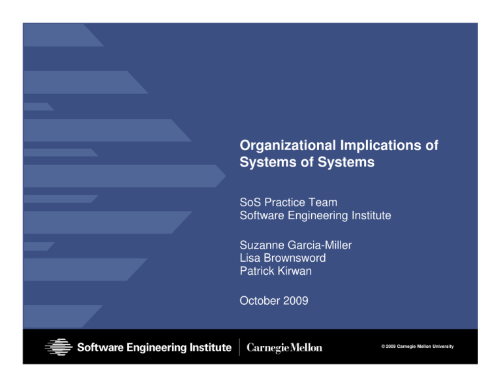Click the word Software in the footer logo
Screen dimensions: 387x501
(x=101, y=347)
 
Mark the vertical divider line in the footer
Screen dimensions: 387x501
(x=239, y=347)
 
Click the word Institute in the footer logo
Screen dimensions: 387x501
(x=207, y=347)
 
